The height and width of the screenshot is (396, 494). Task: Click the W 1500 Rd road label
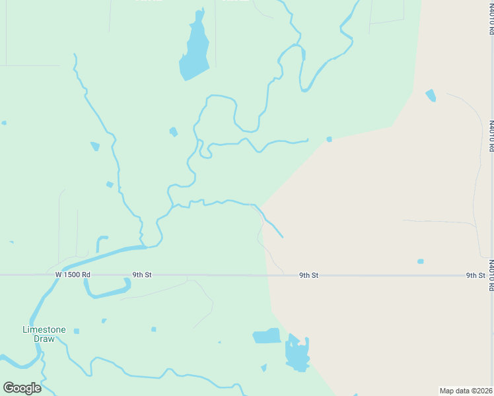73,274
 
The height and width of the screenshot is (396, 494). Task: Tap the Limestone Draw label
44,334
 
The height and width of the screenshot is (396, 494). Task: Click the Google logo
22,387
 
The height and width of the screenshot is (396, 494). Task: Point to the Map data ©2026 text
466,391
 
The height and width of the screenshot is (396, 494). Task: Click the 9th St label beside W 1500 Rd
142,274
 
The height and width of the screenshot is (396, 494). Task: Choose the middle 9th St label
308,275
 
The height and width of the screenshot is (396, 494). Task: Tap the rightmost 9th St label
476,275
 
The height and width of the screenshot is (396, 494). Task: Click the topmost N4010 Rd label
491,18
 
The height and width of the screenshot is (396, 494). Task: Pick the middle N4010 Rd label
491,135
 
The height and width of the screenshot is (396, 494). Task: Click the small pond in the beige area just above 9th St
421,261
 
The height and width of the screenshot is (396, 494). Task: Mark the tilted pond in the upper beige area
431,96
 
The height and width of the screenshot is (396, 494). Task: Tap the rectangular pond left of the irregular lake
267,336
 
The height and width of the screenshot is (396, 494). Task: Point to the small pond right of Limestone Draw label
77,331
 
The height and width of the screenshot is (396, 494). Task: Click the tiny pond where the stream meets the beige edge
329,139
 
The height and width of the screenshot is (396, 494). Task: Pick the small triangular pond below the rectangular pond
264,368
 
